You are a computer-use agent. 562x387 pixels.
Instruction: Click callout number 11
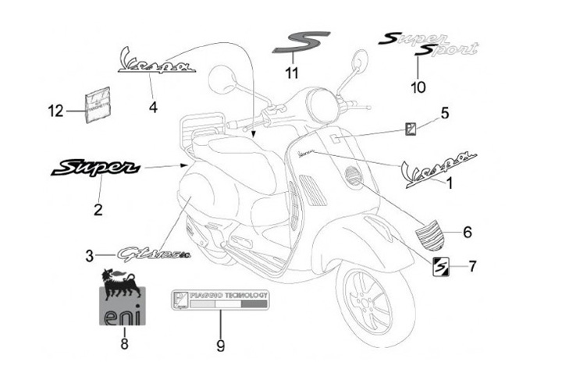point(292,74)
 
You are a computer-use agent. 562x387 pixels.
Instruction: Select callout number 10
point(418,87)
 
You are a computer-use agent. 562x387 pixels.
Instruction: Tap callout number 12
point(55,112)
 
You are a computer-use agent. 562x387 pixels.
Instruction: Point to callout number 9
point(221,344)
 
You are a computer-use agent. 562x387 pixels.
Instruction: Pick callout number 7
point(472,266)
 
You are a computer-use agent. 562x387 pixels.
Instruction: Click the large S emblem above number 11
point(301,42)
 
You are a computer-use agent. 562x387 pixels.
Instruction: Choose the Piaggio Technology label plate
point(220,301)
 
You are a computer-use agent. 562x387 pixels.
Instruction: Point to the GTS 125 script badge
point(153,254)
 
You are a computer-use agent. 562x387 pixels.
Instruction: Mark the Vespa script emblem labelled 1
point(437,171)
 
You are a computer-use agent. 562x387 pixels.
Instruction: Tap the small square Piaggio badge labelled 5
point(410,130)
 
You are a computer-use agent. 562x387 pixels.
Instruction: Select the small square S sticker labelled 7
point(441,266)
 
